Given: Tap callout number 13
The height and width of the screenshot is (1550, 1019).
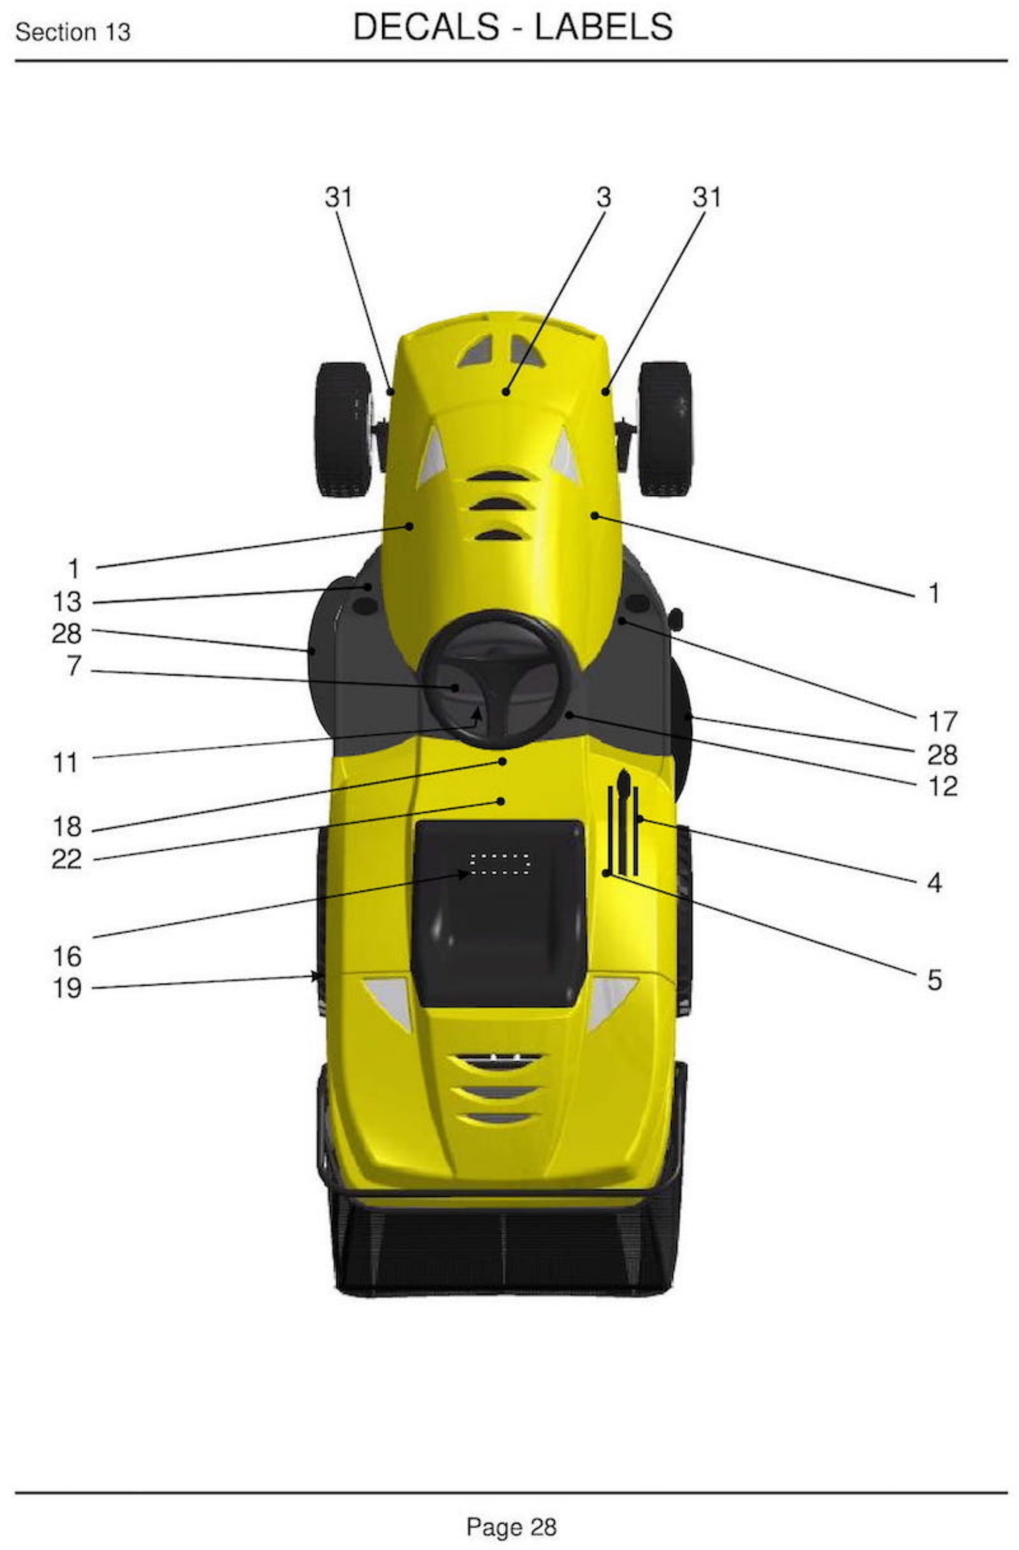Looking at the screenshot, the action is tap(67, 601).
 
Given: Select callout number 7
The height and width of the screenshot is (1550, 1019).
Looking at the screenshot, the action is tap(74, 665).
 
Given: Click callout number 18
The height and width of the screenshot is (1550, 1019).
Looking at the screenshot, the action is tap(67, 827).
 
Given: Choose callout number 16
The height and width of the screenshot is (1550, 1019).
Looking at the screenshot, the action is tap(67, 957).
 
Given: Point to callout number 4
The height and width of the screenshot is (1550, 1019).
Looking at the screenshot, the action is tap(934, 883).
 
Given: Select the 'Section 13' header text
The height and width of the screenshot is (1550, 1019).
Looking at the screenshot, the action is tap(73, 31).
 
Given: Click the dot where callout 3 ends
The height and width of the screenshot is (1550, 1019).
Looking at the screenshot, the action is tap(505, 391).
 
